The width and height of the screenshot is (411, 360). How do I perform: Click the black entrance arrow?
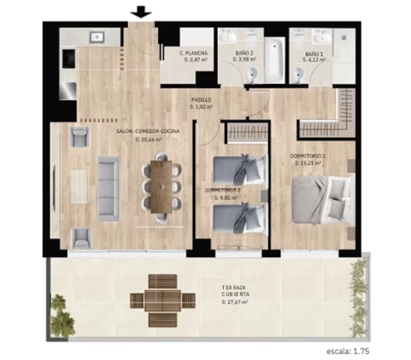coord(141,12)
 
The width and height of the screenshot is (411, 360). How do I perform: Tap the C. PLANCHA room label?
coord(194,53)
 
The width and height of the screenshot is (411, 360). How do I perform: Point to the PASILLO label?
coord(200,100)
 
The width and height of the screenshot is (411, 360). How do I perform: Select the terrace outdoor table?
coord(164,300)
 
